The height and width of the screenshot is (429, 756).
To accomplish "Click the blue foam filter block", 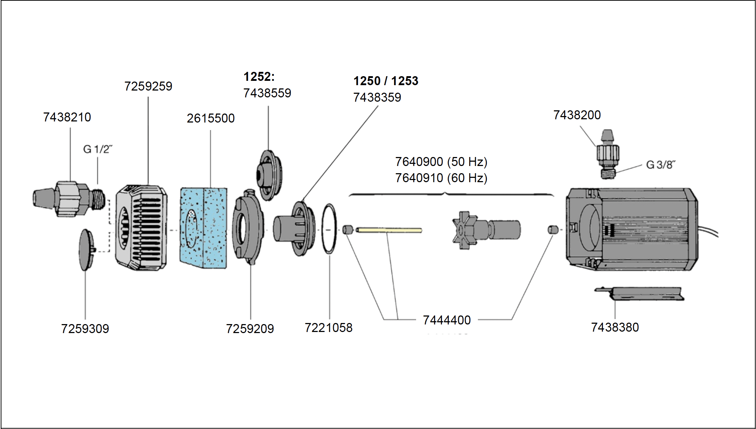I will pos(203,228).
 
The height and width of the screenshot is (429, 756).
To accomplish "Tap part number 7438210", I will pos(67,117).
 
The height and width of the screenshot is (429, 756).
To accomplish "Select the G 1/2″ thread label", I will pos(98,149).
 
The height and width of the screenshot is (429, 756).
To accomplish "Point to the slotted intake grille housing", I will pos(141,228).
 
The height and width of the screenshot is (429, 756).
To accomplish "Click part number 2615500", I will pos(211,118).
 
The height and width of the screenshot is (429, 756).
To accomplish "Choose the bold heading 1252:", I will pos(259,77).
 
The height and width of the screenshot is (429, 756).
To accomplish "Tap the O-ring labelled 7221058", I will pos(329,229).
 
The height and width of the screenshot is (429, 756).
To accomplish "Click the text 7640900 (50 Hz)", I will pos(441,162).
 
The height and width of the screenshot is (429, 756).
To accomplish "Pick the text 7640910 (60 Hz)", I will pos(441,178).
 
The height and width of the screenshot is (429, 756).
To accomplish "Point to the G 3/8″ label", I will pos(660,165).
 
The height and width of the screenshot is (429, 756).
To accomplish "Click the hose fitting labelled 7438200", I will pos(607,154).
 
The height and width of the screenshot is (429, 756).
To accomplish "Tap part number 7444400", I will pos(447,320).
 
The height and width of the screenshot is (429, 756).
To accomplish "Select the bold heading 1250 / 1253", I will pos(386,81).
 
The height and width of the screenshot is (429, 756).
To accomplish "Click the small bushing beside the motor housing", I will pos(553,230).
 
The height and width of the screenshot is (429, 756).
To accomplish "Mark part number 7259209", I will pos(250,328).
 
